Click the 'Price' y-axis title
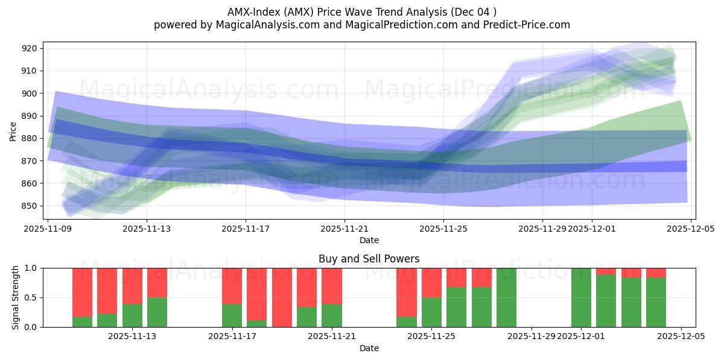click(13, 130)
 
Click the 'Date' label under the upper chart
click(369, 240)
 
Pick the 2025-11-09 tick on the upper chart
click(48, 229)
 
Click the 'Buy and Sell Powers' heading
click(369, 259)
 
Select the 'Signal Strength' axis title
click(16, 297)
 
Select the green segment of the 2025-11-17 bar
click(232, 316)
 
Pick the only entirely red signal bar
click(282, 297)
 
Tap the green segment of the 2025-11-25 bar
click(431, 313)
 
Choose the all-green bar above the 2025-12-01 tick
click(581, 297)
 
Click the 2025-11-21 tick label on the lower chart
click(332, 337)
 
